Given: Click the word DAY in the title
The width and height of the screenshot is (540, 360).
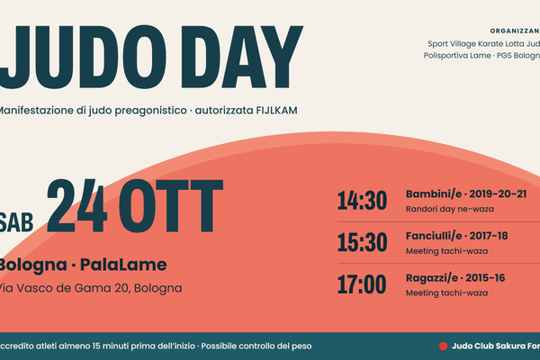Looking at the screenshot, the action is point(242,57).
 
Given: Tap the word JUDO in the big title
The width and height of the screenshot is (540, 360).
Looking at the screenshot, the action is point(83,58).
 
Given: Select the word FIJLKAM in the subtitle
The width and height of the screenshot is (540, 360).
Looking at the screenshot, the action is point(276,111).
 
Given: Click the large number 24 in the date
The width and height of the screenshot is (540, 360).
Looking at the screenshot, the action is point(77,206).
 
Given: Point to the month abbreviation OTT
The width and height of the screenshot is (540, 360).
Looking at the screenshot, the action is point(171,206).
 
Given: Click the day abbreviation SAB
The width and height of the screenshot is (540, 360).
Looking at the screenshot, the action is point(16,222).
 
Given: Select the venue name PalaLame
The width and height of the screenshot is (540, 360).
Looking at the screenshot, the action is point(123,265).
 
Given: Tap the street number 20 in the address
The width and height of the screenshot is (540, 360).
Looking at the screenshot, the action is point(121,288).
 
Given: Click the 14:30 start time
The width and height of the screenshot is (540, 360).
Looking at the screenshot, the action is point(363,201).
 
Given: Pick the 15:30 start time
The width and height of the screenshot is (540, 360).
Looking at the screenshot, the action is point(363,242).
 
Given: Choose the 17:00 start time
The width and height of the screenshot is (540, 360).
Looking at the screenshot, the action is point(362,284).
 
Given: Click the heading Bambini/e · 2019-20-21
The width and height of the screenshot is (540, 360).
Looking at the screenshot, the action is point(466,194).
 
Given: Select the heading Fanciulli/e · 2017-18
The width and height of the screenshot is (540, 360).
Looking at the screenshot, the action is point(456,236).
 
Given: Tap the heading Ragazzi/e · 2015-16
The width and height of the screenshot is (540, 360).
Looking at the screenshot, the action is point(455,278).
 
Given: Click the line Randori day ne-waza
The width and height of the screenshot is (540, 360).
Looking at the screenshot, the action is point(450,209).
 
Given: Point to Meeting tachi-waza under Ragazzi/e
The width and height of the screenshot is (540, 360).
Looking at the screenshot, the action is point(446,293).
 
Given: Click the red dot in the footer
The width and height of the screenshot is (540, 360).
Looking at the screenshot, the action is point(443,346).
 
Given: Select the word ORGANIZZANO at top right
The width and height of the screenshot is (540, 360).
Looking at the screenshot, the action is point(515,31).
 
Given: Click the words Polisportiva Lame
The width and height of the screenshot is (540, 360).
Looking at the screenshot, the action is point(457,56).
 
